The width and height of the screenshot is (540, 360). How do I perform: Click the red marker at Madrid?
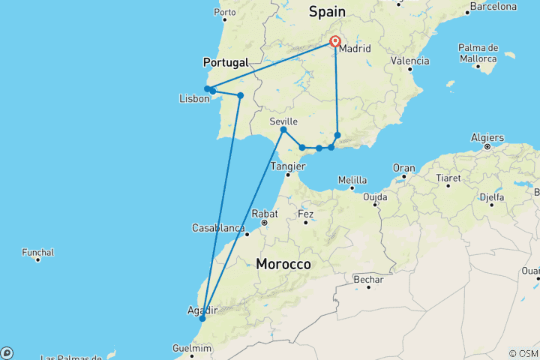[x=335, y=43]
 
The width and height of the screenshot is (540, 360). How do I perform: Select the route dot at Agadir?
[x=202, y=319]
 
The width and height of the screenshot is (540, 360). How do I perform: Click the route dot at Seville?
[x=283, y=130]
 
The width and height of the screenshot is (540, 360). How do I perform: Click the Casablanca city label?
[x=219, y=227]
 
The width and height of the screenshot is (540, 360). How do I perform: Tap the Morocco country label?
[x=283, y=264]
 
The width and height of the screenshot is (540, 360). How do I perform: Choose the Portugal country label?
[x=226, y=62]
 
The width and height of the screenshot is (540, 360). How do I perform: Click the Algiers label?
[x=488, y=137]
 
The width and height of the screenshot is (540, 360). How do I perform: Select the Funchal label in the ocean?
[x=37, y=252]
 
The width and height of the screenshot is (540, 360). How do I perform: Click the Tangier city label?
[x=287, y=165]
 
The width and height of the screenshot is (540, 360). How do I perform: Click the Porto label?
[x=225, y=13]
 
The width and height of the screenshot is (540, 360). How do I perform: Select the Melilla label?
[x=352, y=180]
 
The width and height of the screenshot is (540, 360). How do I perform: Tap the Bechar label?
[x=368, y=280]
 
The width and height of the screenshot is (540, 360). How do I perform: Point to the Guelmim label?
[x=192, y=348]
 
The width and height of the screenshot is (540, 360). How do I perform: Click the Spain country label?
[x=328, y=11]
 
